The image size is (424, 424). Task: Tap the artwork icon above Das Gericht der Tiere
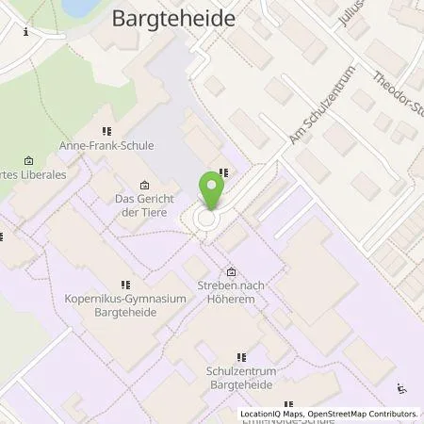144,185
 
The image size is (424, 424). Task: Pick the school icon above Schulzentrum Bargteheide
241,358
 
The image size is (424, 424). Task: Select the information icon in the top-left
25,31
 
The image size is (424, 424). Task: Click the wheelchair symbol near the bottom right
402,388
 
